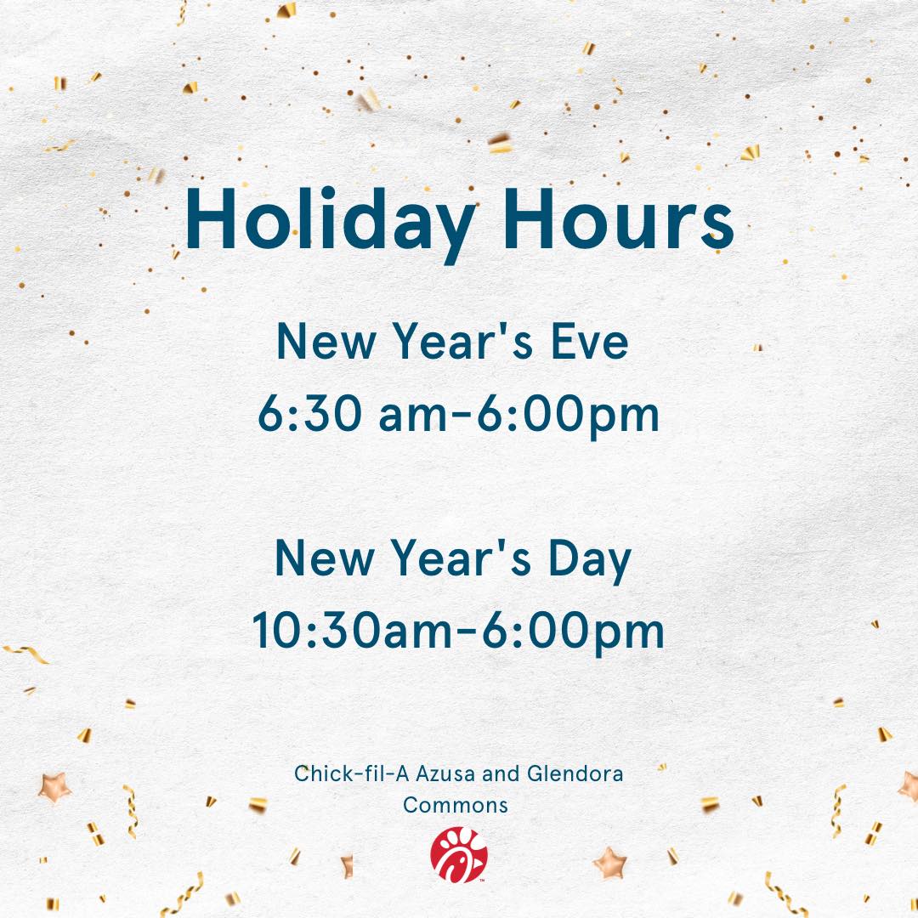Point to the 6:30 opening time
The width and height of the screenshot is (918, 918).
click(x=309, y=413)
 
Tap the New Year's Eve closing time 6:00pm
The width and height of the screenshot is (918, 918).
click(x=568, y=415)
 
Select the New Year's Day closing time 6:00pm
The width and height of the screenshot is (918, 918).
click(x=573, y=632)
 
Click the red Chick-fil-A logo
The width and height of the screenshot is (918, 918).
click(x=458, y=854)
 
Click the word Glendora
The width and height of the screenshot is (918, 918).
click(x=575, y=774)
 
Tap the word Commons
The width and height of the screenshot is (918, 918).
click(x=456, y=805)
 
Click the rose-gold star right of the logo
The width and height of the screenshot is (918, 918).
click(x=610, y=863)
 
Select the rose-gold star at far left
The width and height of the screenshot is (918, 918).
click(x=54, y=787)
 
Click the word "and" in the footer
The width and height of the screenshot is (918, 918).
click(x=501, y=774)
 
